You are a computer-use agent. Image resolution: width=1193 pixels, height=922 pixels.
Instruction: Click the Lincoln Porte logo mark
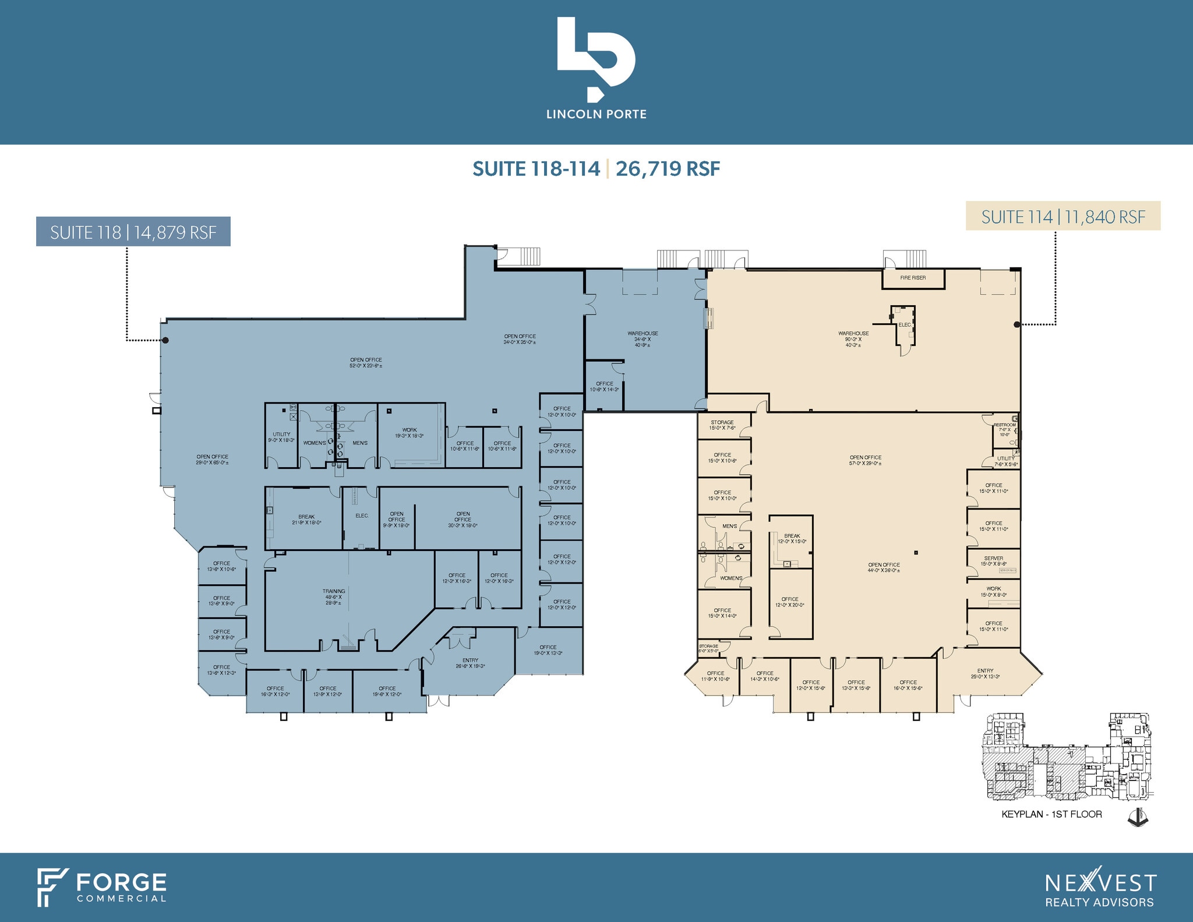click(595, 58)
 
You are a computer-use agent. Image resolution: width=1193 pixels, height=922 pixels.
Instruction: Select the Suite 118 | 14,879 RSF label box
click(133, 232)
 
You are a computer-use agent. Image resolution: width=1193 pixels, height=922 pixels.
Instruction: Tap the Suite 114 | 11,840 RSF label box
click(1063, 216)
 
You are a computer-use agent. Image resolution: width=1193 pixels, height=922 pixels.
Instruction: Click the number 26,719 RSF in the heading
click(668, 169)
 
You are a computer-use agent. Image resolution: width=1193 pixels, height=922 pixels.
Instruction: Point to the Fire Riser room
click(913, 278)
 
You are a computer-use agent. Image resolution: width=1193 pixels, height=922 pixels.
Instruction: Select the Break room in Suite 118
click(306, 520)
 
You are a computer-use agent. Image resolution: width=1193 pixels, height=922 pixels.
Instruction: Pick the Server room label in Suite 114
click(994, 561)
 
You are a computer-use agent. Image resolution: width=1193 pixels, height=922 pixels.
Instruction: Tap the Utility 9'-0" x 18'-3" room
click(281, 437)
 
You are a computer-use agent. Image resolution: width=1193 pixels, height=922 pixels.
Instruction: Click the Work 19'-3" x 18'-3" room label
click(410, 433)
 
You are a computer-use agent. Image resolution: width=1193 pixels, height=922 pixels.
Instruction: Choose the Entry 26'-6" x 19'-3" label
click(470, 663)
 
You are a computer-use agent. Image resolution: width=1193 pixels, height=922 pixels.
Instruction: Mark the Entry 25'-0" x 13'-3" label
click(985, 673)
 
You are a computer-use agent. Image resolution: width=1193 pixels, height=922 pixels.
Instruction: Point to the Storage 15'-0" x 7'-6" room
click(722, 425)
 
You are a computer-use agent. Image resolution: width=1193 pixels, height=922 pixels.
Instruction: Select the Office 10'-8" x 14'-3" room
click(605, 386)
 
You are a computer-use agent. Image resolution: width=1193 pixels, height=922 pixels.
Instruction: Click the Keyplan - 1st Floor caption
click(1051, 814)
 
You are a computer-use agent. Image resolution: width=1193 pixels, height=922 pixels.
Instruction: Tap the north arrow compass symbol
click(1138, 817)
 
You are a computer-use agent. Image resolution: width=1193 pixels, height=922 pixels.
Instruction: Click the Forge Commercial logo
click(103, 887)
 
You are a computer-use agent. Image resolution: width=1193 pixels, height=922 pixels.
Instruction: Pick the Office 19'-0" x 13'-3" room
click(548, 650)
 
